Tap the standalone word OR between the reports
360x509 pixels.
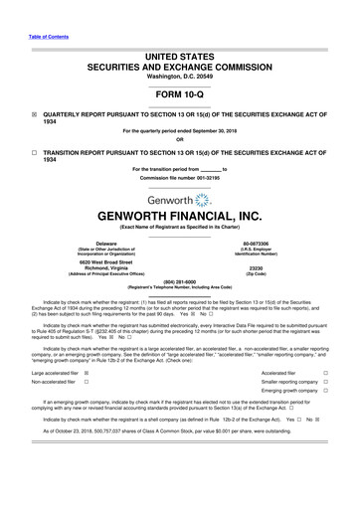(179, 139)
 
